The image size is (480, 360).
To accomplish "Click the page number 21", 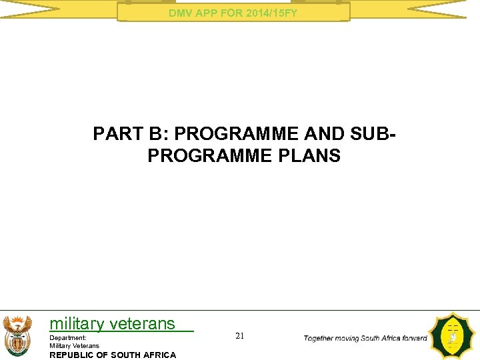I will point(239,337).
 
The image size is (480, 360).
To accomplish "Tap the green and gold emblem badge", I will point(453,337).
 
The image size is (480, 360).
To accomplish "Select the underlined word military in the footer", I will point(77,324).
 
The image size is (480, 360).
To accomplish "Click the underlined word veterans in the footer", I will point(143,324).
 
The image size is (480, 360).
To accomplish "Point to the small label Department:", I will point(68,338).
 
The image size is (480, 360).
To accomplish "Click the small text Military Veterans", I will point(74,345).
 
